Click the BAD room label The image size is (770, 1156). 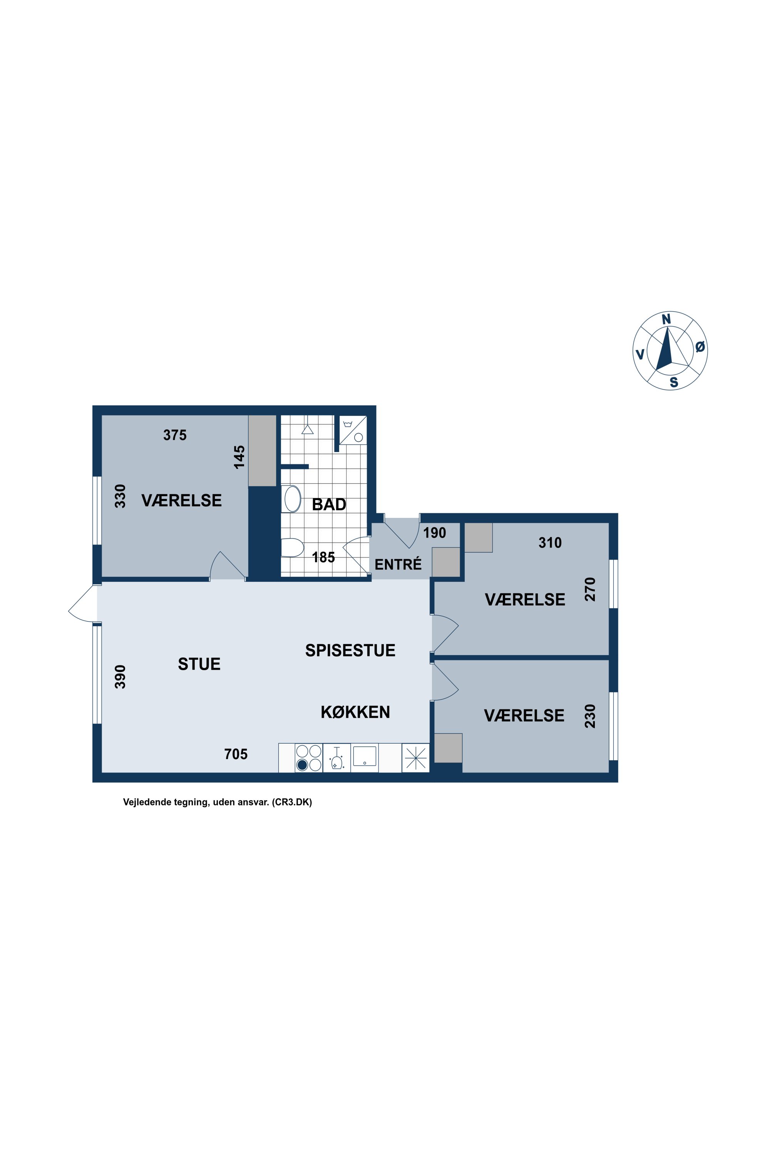pos(329,504)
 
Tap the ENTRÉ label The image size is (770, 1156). pos(398,564)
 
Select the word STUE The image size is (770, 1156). pos(199,664)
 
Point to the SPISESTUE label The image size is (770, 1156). pos(350,650)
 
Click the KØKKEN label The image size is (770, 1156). pos(355,712)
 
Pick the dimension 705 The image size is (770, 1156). pos(236,754)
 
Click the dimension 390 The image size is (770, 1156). pos(120,676)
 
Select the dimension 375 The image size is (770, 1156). pos(175,435)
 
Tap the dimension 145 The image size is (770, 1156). pos(239,457)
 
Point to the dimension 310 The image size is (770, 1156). pos(550,543)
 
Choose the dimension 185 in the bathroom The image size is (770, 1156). pos(324,557)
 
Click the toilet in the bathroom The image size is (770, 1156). pos(292,548)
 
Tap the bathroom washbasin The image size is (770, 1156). pos(292,499)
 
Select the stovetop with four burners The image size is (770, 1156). pos(309,758)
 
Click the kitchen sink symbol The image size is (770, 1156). pos(364,756)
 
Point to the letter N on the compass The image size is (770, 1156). pos(666,319)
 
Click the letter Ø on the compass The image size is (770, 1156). pos(700,347)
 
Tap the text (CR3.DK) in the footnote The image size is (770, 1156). pos(292,803)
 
